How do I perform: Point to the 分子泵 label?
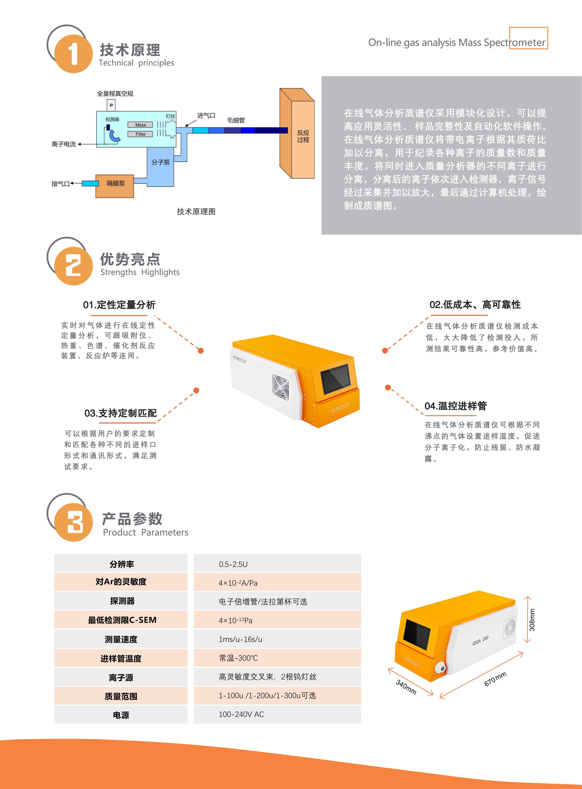[161, 162]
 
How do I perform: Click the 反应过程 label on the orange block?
[303, 136]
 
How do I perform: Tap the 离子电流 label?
[64, 144]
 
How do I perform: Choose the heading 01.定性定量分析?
[119, 305]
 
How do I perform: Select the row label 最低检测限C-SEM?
[122, 620]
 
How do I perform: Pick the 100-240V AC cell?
[277, 714]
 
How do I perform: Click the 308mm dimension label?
[532, 620]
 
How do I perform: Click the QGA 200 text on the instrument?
[480, 640]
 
